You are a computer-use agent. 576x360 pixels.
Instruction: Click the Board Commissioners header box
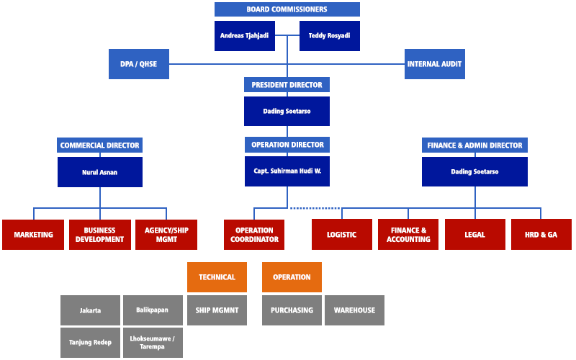[x=287, y=9]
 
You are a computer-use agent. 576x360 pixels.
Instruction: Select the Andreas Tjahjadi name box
[x=245, y=36]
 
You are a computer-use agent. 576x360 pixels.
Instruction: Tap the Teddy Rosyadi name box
[x=329, y=36]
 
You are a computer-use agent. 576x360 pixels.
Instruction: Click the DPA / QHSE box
[x=138, y=64]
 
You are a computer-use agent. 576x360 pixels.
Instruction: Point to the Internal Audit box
[x=434, y=64]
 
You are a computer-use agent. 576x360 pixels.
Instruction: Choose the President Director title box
[x=287, y=85]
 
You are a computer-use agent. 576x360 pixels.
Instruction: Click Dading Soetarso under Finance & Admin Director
[x=474, y=172]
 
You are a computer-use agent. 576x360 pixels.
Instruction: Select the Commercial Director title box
[x=99, y=145]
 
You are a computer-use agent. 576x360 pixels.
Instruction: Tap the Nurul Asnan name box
[x=99, y=172]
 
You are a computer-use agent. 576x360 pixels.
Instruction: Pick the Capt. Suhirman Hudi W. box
[x=287, y=172]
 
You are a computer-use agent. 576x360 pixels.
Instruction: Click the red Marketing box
[x=33, y=235]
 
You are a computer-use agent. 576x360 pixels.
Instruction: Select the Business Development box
[x=99, y=235]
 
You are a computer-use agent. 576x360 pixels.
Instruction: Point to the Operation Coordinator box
[x=254, y=235]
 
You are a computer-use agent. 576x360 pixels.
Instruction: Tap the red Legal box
[x=474, y=235]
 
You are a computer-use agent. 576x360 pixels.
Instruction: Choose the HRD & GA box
[x=541, y=235]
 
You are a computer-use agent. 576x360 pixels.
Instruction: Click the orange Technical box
[x=217, y=277]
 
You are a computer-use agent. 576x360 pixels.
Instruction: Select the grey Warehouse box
[x=354, y=310]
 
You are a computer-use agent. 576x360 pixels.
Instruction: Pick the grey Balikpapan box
[x=152, y=310]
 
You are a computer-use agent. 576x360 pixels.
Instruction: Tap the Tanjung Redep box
[x=90, y=343]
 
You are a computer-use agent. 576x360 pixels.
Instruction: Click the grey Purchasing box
[x=292, y=310]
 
